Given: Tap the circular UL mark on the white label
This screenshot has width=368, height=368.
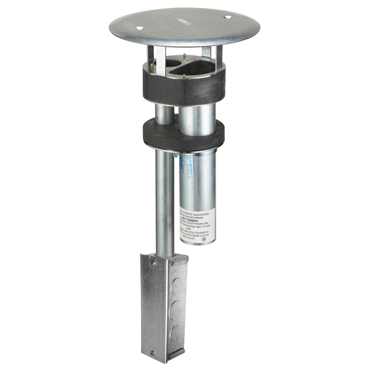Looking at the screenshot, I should point(206,240).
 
